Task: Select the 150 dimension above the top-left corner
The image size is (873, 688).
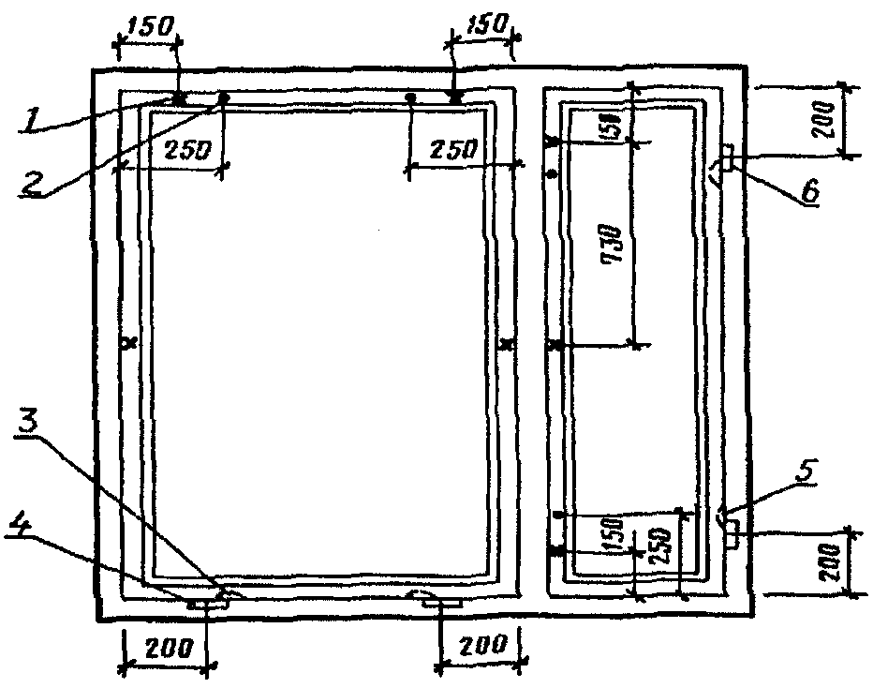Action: [149, 25]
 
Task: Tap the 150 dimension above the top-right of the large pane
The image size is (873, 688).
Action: [482, 25]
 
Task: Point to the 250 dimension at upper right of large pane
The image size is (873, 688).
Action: [452, 148]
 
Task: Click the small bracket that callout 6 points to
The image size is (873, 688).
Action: [726, 157]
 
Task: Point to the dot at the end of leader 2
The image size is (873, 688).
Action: [223, 97]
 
